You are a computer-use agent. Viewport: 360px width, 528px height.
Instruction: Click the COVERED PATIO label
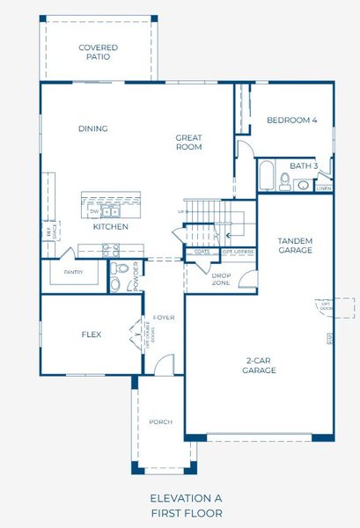pyautogui.click(x=98, y=52)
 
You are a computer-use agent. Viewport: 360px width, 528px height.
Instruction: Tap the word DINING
pyautogui.click(x=92, y=128)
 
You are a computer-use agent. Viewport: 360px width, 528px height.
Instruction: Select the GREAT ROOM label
pyautogui.click(x=188, y=142)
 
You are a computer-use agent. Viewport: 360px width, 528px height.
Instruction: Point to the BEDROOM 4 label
pyautogui.click(x=292, y=120)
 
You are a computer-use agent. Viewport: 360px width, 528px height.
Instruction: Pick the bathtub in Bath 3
pyautogui.click(x=265, y=177)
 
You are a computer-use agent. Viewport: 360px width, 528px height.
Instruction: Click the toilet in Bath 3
pyautogui.click(x=284, y=181)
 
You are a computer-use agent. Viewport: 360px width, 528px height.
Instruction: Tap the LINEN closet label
pyautogui.click(x=323, y=187)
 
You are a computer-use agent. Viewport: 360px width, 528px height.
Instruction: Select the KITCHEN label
pyautogui.click(x=111, y=227)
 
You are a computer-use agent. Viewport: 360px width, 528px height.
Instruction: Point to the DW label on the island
pyautogui.click(x=93, y=211)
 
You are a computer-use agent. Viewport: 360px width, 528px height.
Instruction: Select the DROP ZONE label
pyautogui.click(x=221, y=278)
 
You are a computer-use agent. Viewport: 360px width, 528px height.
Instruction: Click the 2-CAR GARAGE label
pyautogui.click(x=260, y=365)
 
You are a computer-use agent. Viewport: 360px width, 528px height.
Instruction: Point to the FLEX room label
pyautogui.click(x=92, y=334)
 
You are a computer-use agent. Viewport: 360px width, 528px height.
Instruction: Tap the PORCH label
pyautogui.click(x=160, y=422)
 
